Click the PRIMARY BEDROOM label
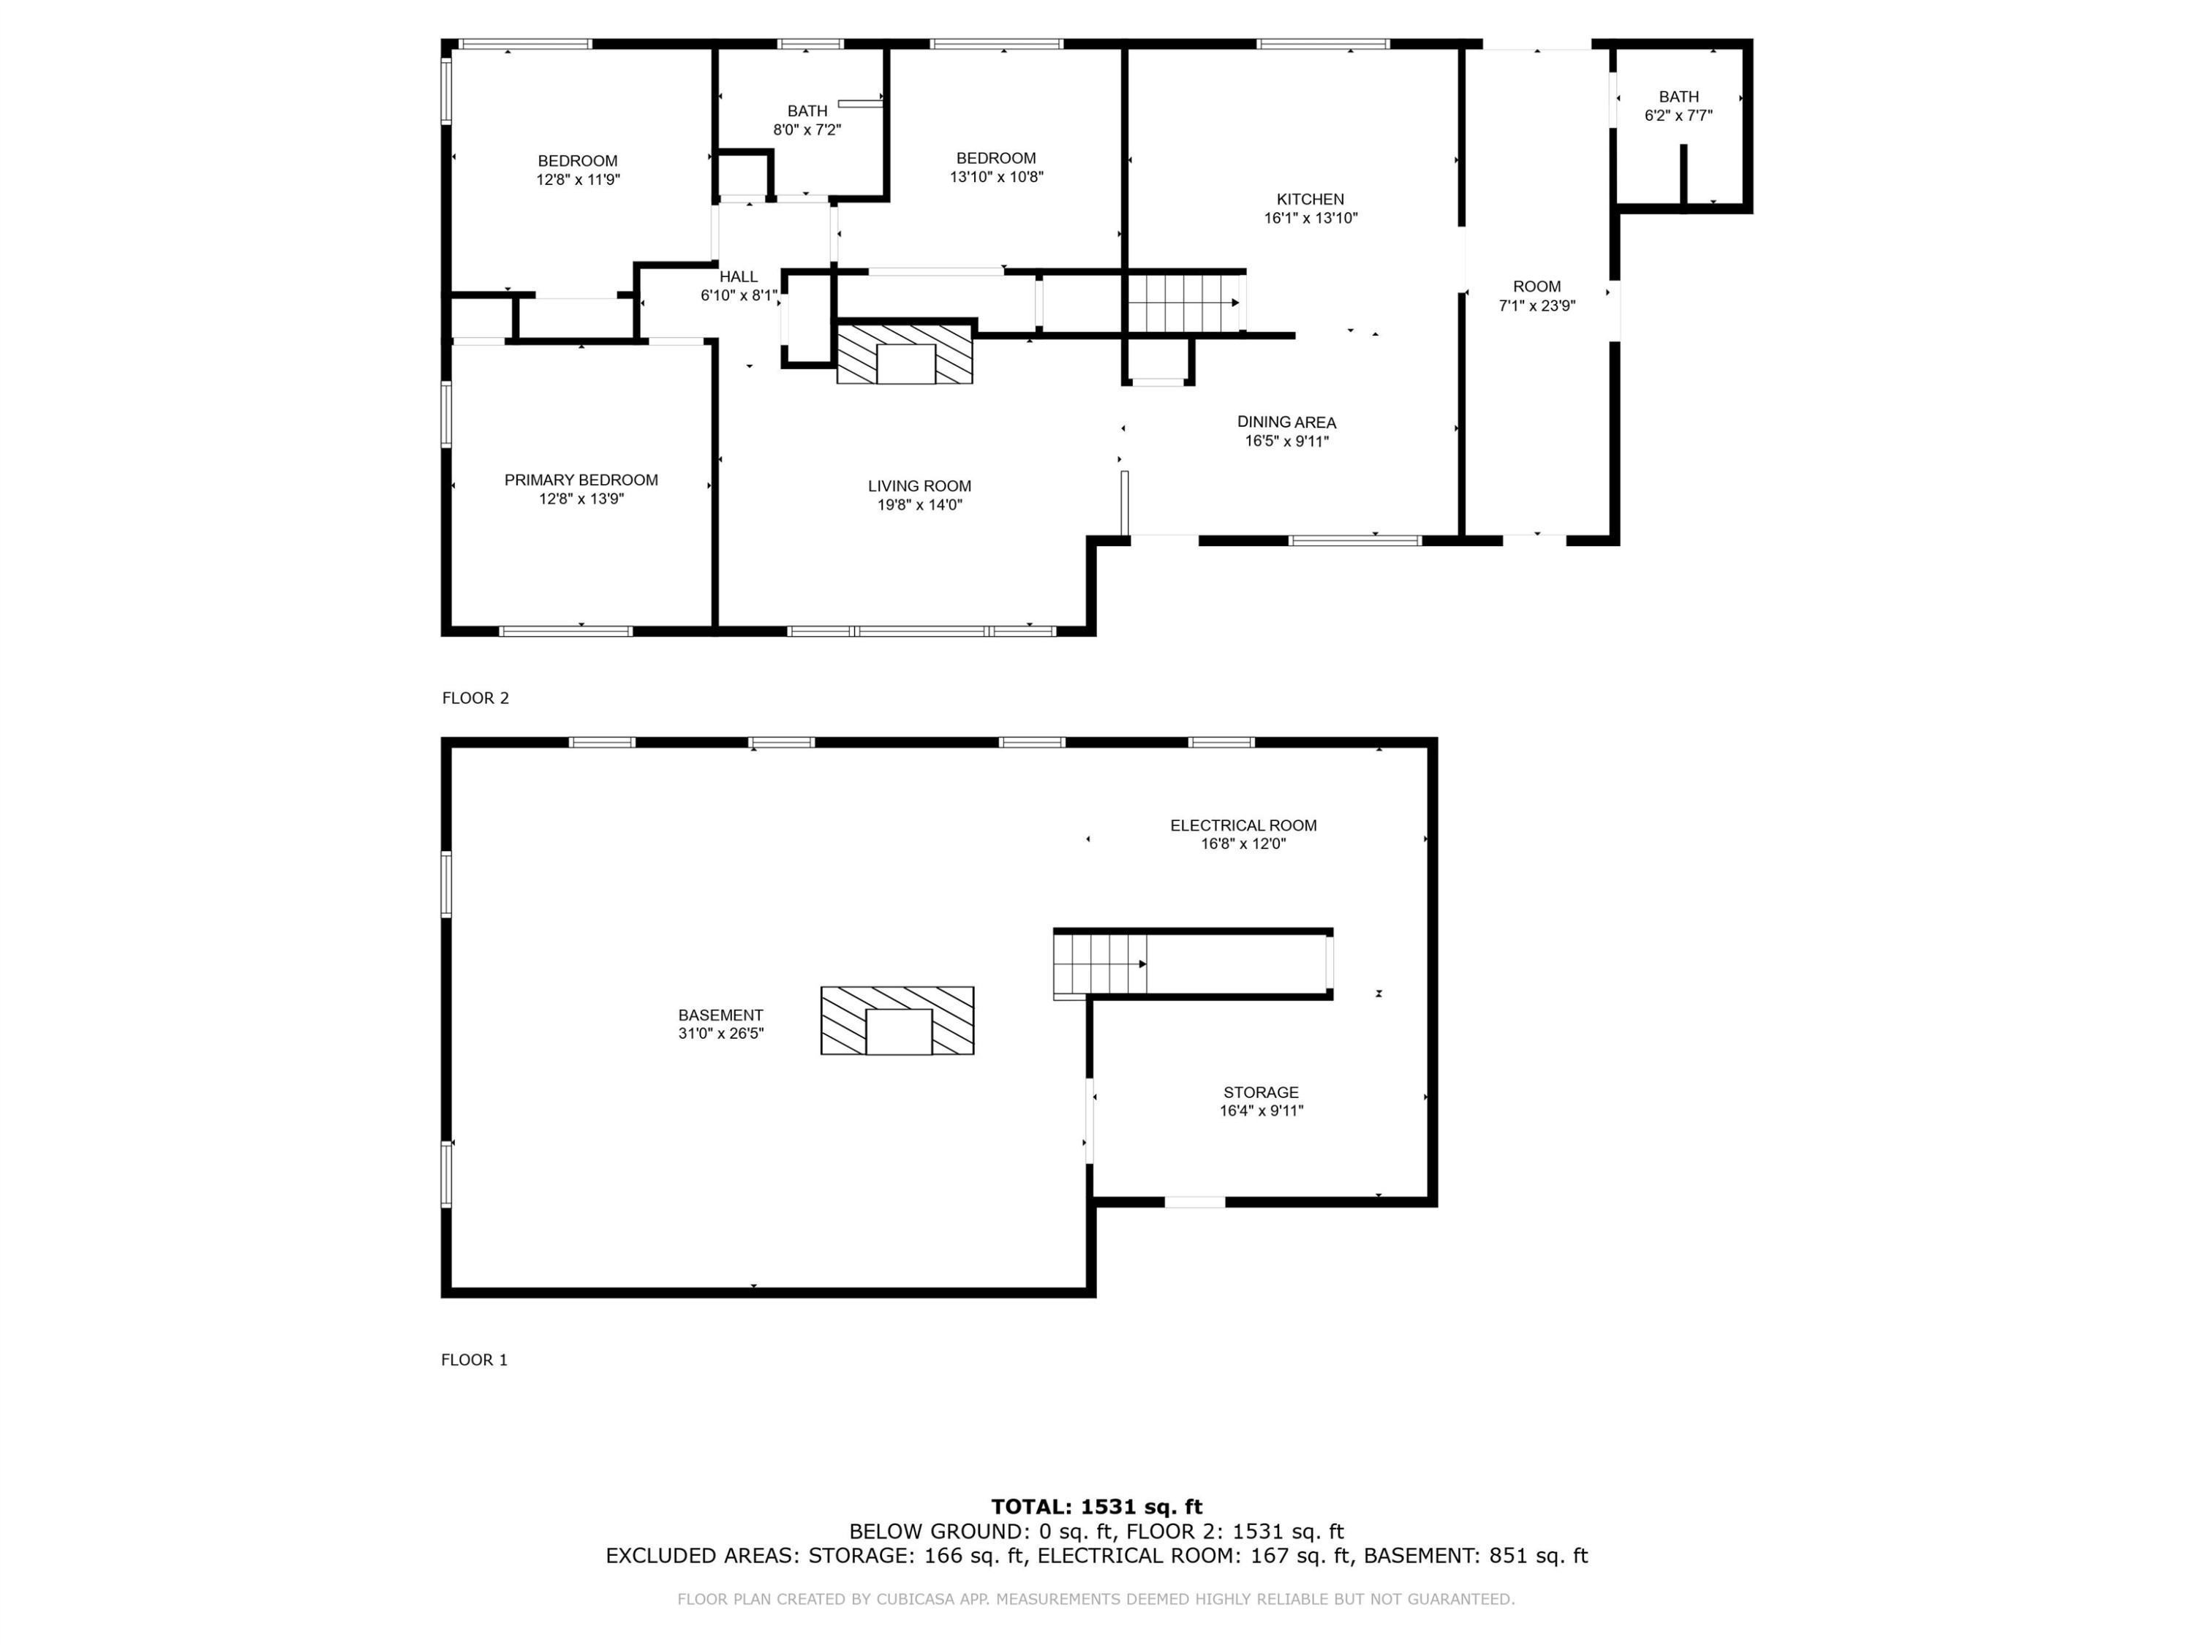(581, 480)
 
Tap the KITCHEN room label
(1311, 200)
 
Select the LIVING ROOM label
(919, 486)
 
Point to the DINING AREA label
(1286, 423)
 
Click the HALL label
(739, 276)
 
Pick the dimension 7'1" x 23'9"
(1537, 306)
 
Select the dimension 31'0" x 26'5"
(720, 1033)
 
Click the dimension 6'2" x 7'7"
(1678, 115)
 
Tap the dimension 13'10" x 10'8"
(996, 176)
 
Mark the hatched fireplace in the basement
(897, 1021)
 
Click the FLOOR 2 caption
(475, 698)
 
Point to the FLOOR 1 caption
(474, 1359)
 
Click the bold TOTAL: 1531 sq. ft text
(1096, 1507)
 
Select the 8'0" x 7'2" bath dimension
(807, 129)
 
